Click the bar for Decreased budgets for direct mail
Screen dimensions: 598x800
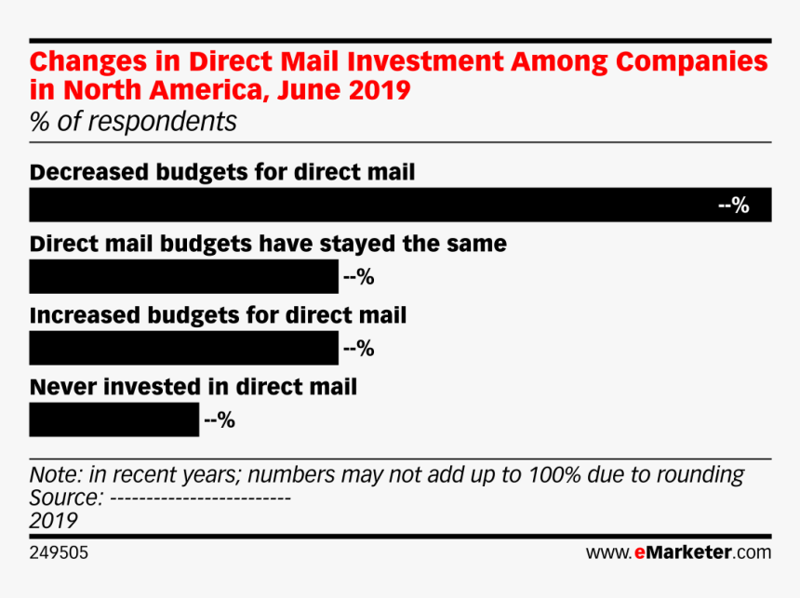[x=372, y=205]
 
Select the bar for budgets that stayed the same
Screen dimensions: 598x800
[x=183, y=276]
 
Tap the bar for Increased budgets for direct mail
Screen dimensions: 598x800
[x=183, y=348]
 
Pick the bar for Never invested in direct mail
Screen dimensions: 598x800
[x=113, y=419]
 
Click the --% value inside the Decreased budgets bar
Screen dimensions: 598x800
[x=734, y=206]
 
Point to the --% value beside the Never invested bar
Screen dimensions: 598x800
[x=220, y=420]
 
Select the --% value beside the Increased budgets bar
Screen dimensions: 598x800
[x=359, y=349]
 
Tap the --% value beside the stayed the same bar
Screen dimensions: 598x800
[x=359, y=277]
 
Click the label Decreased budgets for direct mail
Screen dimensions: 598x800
[x=222, y=172]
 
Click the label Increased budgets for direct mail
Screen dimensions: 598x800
[x=219, y=315]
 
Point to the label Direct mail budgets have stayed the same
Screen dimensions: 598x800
[x=268, y=244]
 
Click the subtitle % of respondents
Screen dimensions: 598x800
[x=133, y=122]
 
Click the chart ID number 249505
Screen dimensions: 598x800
[x=60, y=552]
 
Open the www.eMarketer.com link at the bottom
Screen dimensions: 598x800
[x=678, y=552]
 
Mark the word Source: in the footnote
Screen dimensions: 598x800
[x=66, y=498]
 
